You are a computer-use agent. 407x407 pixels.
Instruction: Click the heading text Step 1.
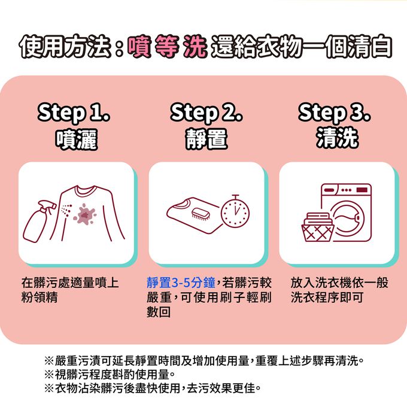[x=74, y=113]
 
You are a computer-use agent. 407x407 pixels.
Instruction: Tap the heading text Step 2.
[x=206, y=113]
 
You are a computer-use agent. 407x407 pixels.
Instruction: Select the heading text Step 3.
[x=335, y=113]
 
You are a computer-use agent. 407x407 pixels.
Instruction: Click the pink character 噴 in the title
[x=139, y=47]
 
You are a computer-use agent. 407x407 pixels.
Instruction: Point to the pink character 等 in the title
[x=167, y=47]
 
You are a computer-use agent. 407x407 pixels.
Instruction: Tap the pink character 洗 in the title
[x=195, y=47]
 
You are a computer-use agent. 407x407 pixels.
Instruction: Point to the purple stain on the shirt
[x=84, y=215]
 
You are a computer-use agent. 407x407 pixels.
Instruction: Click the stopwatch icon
[x=235, y=212]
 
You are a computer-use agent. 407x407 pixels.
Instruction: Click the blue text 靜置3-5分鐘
[x=181, y=283]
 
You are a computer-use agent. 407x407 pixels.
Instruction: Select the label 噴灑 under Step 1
[x=77, y=139]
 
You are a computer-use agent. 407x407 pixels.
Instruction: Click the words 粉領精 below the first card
[x=40, y=297]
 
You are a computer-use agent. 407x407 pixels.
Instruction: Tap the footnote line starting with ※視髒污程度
[x=110, y=375]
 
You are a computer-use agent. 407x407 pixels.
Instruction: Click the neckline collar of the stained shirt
[x=86, y=191]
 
